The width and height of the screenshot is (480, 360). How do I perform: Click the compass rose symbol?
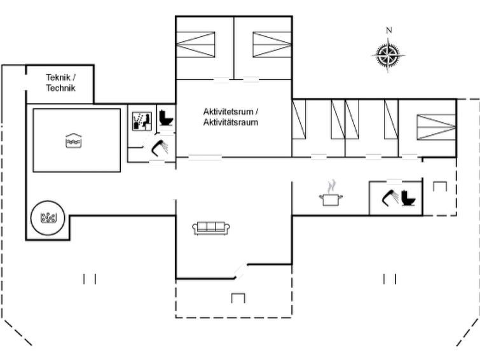(x=388, y=55)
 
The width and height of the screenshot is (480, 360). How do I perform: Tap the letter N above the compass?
(x=389, y=30)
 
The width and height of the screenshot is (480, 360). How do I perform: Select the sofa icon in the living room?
(x=211, y=228)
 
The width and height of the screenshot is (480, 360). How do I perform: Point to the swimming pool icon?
(x=74, y=141)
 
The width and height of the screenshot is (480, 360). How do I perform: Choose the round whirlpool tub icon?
(x=48, y=218)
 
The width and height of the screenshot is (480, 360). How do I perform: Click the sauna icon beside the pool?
(x=142, y=121)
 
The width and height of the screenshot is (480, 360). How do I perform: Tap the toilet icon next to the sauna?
(x=166, y=118)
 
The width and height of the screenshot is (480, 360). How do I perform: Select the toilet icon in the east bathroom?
(x=408, y=198)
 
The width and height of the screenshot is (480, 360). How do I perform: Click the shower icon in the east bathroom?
(x=390, y=198)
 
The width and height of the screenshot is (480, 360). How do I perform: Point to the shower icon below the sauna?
(x=160, y=148)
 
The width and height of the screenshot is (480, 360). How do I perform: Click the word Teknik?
(x=58, y=77)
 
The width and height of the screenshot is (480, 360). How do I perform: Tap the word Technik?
(x=60, y=88)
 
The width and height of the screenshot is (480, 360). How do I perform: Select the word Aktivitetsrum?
(x=228, y=111)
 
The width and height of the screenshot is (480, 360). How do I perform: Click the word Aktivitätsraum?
(x=231, y=122)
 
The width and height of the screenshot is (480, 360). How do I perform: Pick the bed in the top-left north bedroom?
(x=195, y=45)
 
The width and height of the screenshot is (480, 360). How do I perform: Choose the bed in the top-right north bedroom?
(x=272, y=45)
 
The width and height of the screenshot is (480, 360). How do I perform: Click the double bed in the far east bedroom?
(x=437, y=127)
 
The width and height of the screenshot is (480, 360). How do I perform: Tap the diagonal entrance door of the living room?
(x=241, y=271)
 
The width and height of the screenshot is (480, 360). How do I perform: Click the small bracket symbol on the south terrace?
(x=238, y=298)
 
